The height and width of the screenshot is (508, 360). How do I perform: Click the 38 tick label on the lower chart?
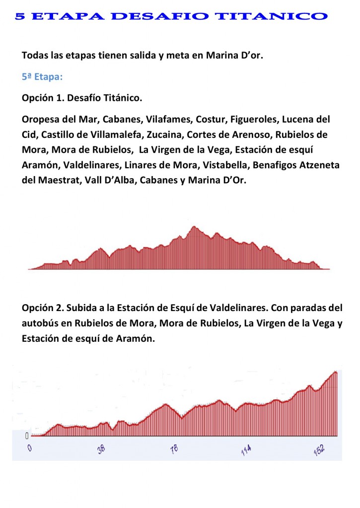tap(102, 450)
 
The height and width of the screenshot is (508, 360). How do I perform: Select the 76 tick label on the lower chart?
tap(174, 450)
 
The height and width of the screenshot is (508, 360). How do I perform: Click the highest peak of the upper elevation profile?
tap(194, 227)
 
